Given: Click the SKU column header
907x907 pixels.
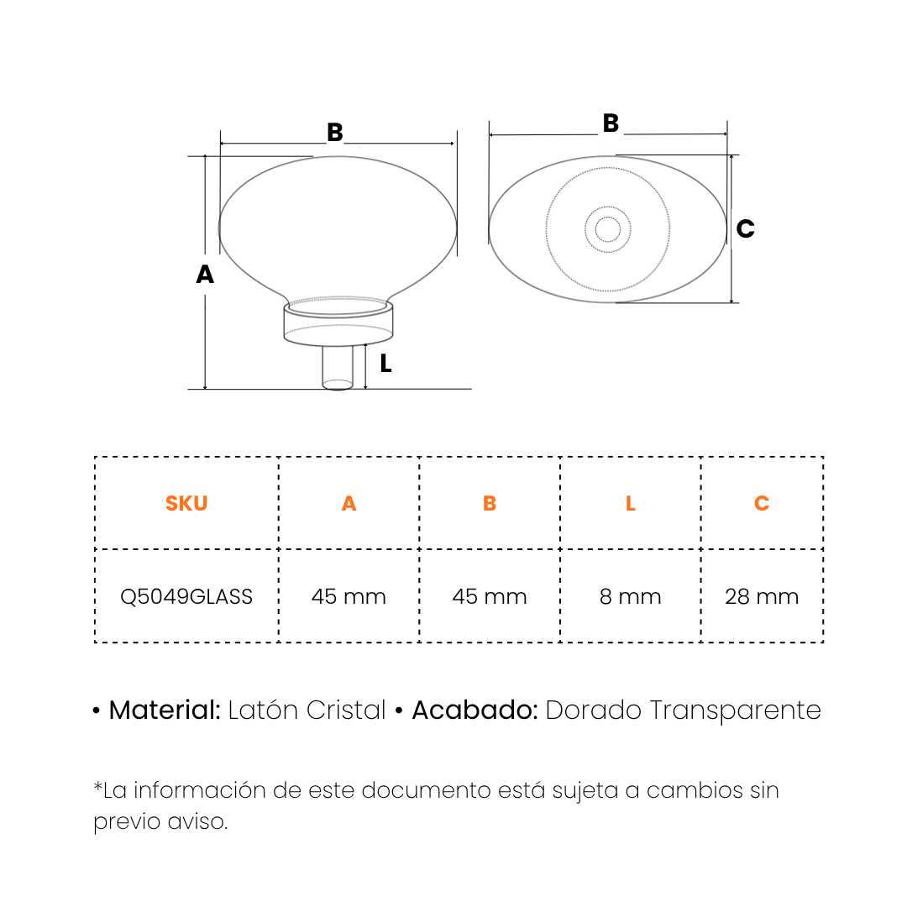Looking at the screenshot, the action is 186,503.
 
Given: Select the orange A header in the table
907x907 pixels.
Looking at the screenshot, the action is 349,503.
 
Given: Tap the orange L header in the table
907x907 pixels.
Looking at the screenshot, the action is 631,503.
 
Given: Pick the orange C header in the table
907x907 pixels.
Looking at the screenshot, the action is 762,503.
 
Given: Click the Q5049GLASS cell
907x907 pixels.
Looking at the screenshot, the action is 186,596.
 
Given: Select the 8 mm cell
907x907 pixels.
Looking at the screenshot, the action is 631,596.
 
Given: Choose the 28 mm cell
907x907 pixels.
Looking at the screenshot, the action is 762,596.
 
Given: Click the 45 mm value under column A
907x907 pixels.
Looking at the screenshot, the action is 349,596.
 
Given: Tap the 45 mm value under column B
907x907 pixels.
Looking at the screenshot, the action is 490,596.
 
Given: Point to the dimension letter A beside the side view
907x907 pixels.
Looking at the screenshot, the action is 205,274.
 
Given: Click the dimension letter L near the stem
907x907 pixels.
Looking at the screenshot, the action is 385,364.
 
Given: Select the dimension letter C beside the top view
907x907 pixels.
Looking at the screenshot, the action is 745,228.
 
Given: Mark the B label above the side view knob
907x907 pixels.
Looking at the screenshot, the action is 335,133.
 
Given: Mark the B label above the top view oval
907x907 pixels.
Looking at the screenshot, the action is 611,123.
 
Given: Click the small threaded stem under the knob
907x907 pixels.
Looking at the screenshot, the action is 338,368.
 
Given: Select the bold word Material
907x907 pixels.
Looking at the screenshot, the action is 165,710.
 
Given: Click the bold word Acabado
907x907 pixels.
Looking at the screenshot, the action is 474,710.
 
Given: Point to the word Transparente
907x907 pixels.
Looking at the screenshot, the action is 735,710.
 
